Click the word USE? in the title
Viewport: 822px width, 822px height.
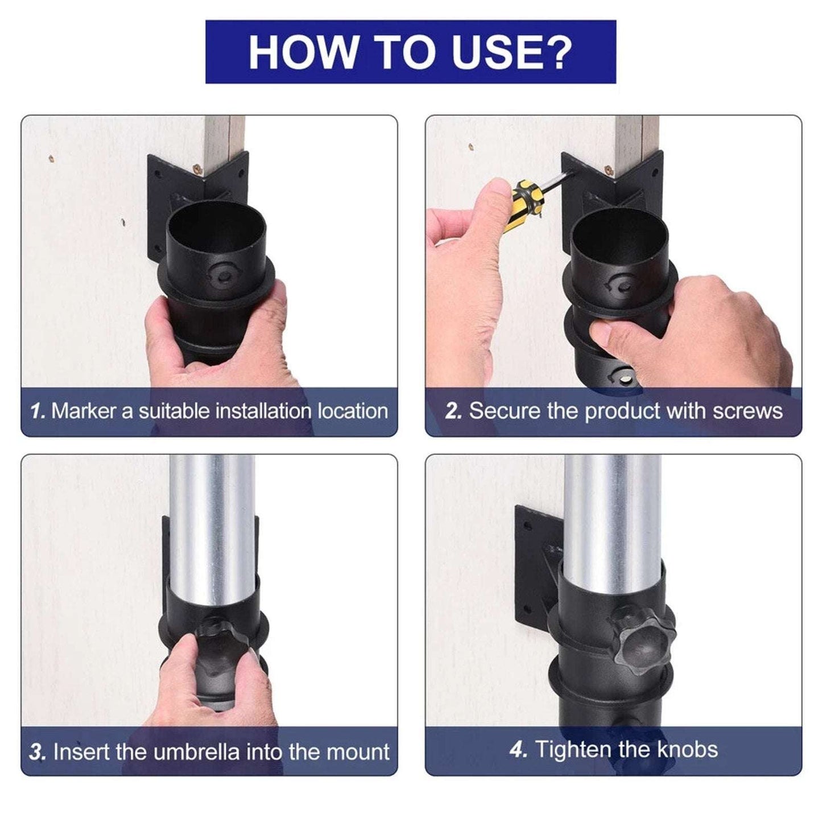click(x=512, y=52)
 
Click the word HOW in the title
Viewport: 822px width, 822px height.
click(x=302, y=52)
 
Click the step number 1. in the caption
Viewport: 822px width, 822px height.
click(x=38, y=411)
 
